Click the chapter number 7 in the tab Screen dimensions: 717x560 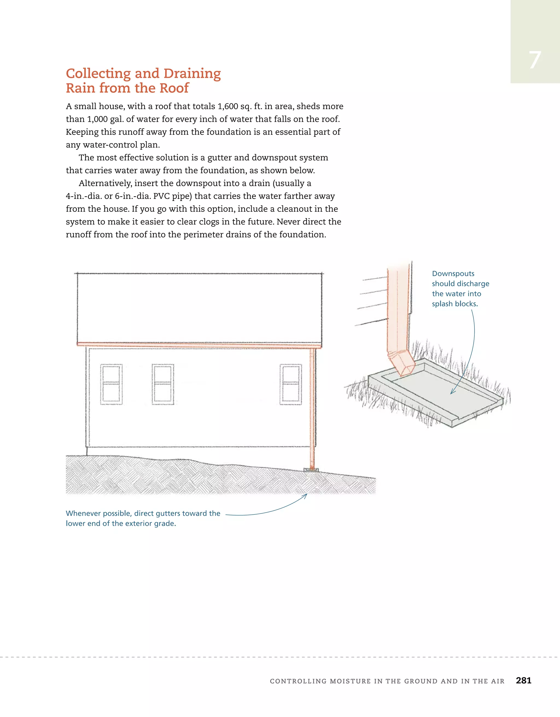535,60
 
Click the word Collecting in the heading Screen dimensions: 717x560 98,74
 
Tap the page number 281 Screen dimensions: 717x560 523,680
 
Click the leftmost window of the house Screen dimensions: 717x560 111,384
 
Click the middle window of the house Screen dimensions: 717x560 163,384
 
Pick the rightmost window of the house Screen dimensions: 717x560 291,384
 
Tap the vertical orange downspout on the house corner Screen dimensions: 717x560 312,407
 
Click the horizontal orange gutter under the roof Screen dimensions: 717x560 197,345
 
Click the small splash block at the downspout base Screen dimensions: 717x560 311,470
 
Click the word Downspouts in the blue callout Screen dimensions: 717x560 453,274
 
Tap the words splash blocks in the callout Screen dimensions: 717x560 454,304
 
